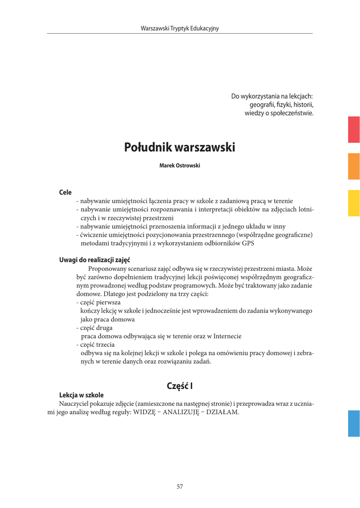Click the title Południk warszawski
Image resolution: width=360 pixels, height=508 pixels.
click(x=179, y=147)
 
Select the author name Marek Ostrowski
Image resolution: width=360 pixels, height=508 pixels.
click(x=179, y=166)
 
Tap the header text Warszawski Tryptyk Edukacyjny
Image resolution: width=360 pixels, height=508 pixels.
click(x=180, y=28)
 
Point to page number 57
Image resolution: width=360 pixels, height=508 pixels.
click(x=180, y=487)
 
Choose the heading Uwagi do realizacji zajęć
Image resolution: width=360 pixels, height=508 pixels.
click(x=94, y=259)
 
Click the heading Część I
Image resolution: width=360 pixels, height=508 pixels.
click(x=180, y=385)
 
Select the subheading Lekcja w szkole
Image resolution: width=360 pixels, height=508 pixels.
click(x=81, y=395)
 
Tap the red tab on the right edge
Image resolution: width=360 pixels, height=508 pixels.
click(x=354, y=129)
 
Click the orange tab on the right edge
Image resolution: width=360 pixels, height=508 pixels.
click(x=354, y=166)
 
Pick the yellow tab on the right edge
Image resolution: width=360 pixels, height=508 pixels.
click(x=354, y=203)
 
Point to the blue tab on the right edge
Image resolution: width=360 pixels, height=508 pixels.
click(x=354, y=423)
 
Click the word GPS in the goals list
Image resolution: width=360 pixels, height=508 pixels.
click(x=248, y=243)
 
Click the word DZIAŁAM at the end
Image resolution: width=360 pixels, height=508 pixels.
click(x=222, y=412)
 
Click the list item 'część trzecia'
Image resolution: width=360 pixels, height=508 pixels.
click(x=98, y=344)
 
